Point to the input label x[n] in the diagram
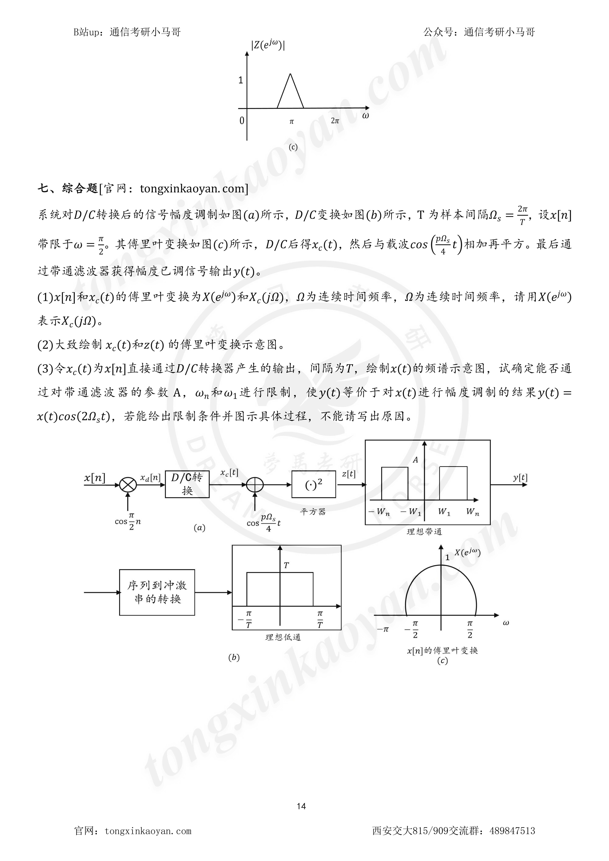pyautogui.click(x=95, y=478)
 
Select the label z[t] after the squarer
pyautogui.click(x=349, y=474)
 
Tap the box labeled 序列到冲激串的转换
pyautogui.click(x=157, y=592)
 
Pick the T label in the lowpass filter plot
pyautogui.click(x=286, y=565)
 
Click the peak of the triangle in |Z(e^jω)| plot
pyautogui.click(x=290, y=74)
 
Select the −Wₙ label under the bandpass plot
pyautogui.click(x=379, y=511)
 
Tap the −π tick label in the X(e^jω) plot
pyautogui.click(x=383, y=629)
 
